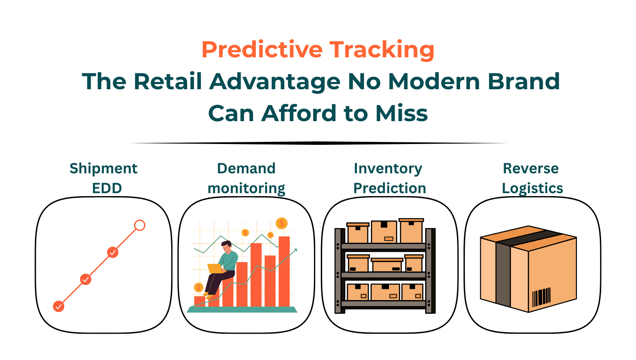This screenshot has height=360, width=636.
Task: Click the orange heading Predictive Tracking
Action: [x=318, y=50]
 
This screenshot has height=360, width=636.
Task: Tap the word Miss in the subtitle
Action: [x=401, y=113]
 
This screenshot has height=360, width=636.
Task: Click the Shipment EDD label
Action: [x=103, y=178]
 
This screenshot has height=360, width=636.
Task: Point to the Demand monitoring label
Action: [x=246, y=178]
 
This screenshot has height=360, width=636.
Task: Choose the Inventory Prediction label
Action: [x=389, y=178]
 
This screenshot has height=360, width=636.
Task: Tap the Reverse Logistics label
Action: [x=532, y=178]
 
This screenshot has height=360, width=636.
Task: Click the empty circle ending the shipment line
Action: [x=140, y=225]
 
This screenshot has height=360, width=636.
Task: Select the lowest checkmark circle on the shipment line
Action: [x=59, y=307]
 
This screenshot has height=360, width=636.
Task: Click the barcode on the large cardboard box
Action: [x=541, y=297]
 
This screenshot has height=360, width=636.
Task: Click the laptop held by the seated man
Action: [x=214, y=269]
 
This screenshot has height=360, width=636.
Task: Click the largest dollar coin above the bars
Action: [x=282, y=223]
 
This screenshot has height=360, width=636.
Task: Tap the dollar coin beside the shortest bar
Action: [x=199, y=287]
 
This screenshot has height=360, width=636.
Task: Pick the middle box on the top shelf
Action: [x=384, y=232]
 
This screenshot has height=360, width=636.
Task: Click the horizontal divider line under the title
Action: [x=318, y=143]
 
